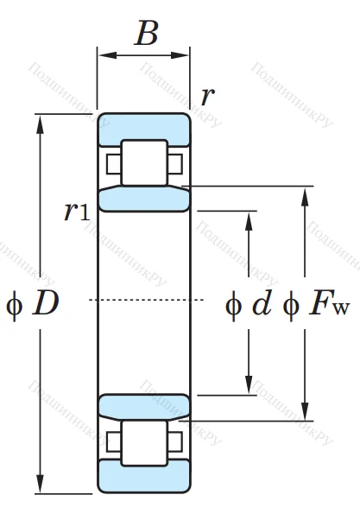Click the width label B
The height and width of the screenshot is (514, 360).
[147, 34]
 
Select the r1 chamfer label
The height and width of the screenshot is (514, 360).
[77, 211]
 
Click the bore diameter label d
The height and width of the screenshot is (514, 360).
[261, 303]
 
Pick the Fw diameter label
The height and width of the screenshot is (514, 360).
[326, 304]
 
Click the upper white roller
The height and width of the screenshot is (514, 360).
[144, 162]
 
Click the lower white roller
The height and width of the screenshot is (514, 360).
[144, 442]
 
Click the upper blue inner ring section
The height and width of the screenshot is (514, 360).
[143, 200]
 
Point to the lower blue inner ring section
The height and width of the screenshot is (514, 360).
[143, 404]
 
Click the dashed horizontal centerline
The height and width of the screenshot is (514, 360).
[147, 300]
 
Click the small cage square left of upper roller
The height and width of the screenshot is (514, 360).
[113, 162]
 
